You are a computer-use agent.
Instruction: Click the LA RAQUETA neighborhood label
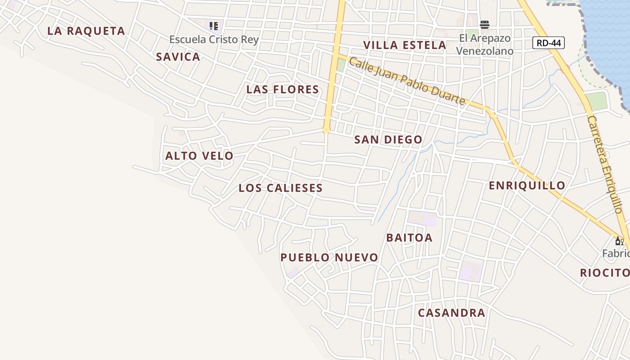pyautogui.click(x=86, y=31)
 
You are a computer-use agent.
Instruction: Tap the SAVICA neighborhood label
pyautogui.click(x=178, y=57)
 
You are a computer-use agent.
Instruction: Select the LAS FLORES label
pyautogui.click(x=283, y=90)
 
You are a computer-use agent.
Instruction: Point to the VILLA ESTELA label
pyautogui.click(x=405, y=45)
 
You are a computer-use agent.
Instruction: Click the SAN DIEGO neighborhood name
pyautogui.click(x=388, y=139)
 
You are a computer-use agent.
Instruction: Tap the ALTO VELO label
pyautogui.click(x=199, y=156)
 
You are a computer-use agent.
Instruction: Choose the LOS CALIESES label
pyautogui.click(x=281, y=188)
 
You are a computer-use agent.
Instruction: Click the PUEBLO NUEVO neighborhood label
pyautogui.click(x=329, y=257)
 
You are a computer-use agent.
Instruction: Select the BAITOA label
pyautogui.click(x=409, y=238)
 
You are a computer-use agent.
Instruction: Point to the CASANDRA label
pyautogui.click(x=451, y=313)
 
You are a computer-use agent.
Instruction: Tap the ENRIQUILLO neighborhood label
pyautogui.click(x=527, y=185)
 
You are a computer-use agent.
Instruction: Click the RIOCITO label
pyautogui.click(x=604, y=273)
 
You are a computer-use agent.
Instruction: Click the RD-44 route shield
pyautogui.click(x=548, y=43)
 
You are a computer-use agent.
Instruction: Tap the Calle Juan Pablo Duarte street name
pyautogui.click(x=407, y=81)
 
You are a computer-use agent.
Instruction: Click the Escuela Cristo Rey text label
pyautogui.click(x=214, y=40)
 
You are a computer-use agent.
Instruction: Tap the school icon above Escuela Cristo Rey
pyautogui.click(x=214, y=26)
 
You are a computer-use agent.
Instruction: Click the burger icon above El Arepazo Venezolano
pyautogui.click(x=485, y=24)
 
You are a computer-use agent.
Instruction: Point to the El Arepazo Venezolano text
pyautogui.click(x=485, y=45)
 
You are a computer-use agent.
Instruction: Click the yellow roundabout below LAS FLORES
pyautogui.click(x=326, y=130)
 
